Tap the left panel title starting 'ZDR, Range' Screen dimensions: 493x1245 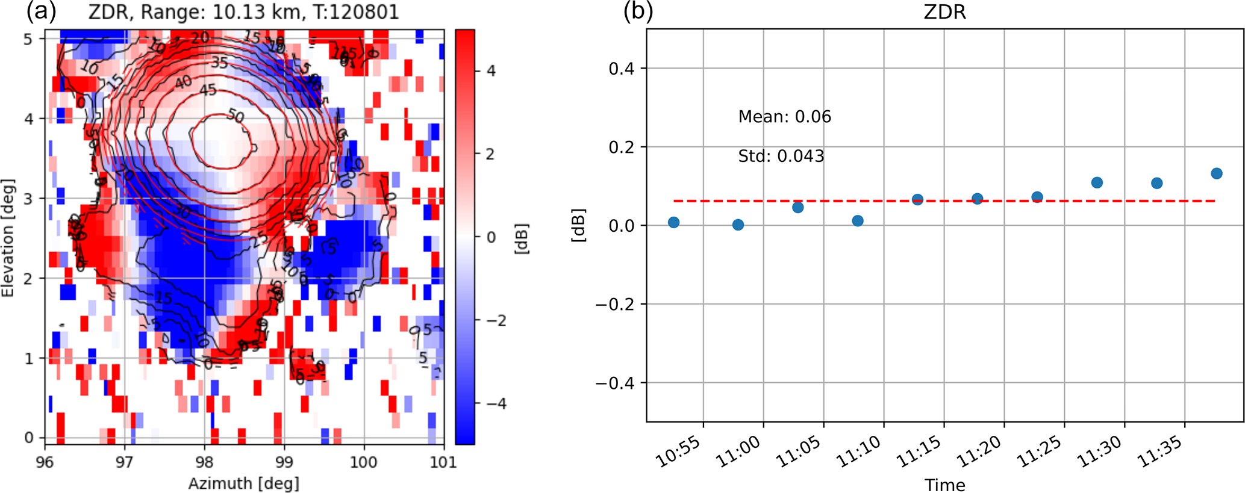click(243, 12)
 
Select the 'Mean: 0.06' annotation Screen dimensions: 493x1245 click(784, 117)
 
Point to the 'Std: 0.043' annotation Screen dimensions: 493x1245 click(781, 157)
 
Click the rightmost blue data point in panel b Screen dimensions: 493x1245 click(1216, 173)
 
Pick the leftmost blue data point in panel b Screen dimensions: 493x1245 click(673, 222)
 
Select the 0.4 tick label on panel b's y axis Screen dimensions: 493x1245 click(622, 69)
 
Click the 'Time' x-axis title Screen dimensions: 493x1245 click(944, 485)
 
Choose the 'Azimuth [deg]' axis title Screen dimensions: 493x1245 click(243, 483)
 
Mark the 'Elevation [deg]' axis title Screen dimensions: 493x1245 click(8, 238)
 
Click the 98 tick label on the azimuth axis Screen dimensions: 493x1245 click(204, 462)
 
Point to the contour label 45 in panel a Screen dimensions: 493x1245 click(208, 90)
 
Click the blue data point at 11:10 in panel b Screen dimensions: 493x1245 click(858, 221)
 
